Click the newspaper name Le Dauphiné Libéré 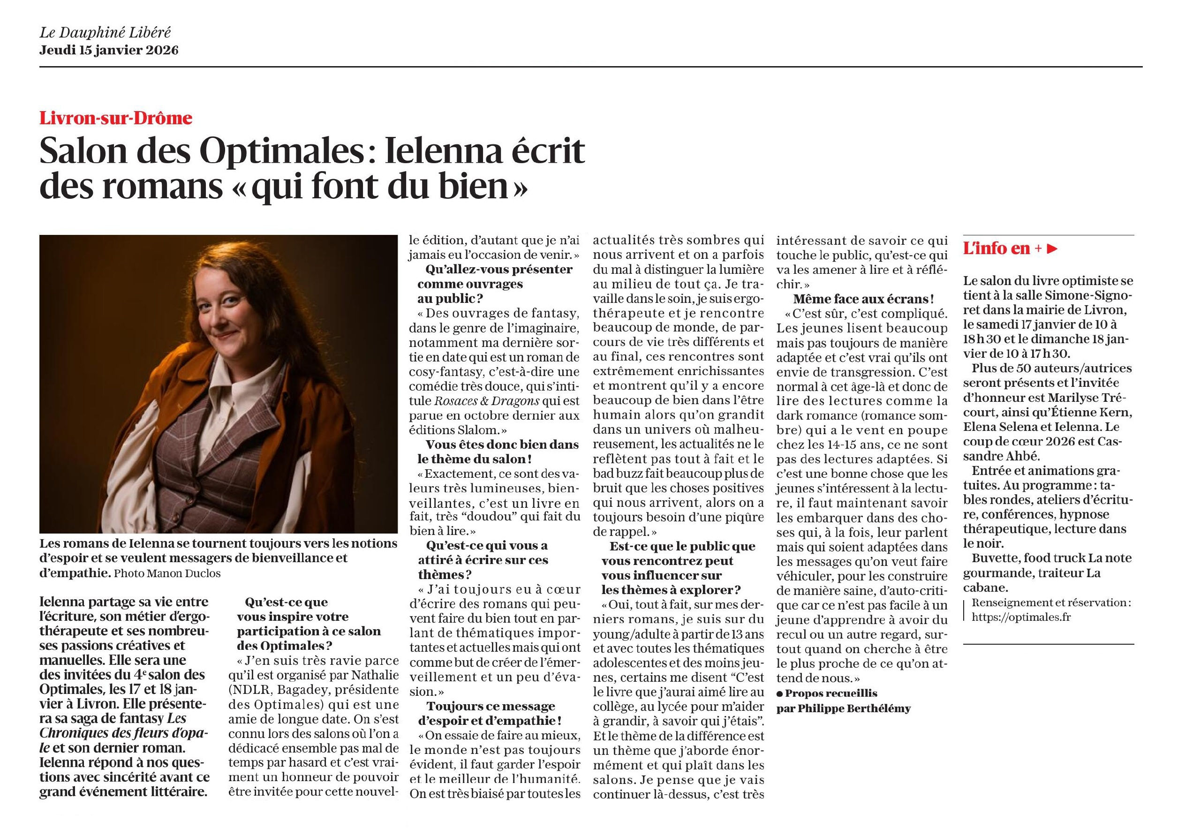click(x=106, y=33)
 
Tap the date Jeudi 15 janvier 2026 click(x=109, y=51)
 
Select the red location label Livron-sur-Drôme click(x=116, y=119)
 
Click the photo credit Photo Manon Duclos click(x=166, y=573)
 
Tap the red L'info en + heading click(x=1001, y=248)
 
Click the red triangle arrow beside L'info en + click(x=1052, y=248)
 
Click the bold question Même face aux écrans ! click(x=863, y=299)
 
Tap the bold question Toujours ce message click(x=491, y=706)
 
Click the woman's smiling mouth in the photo click(x=226, y=336)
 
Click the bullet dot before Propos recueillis click(x=779, y=694)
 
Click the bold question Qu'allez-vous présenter click(x=498, y=269)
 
